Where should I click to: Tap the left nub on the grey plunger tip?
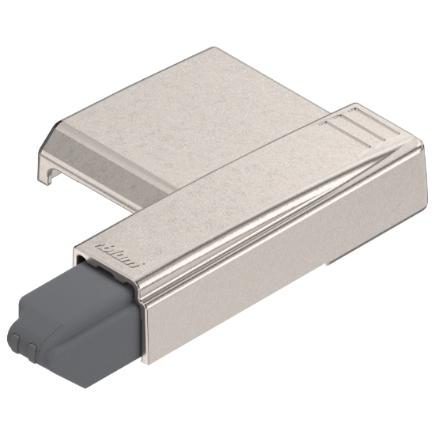pyautogui.click(x=19, y=347)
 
